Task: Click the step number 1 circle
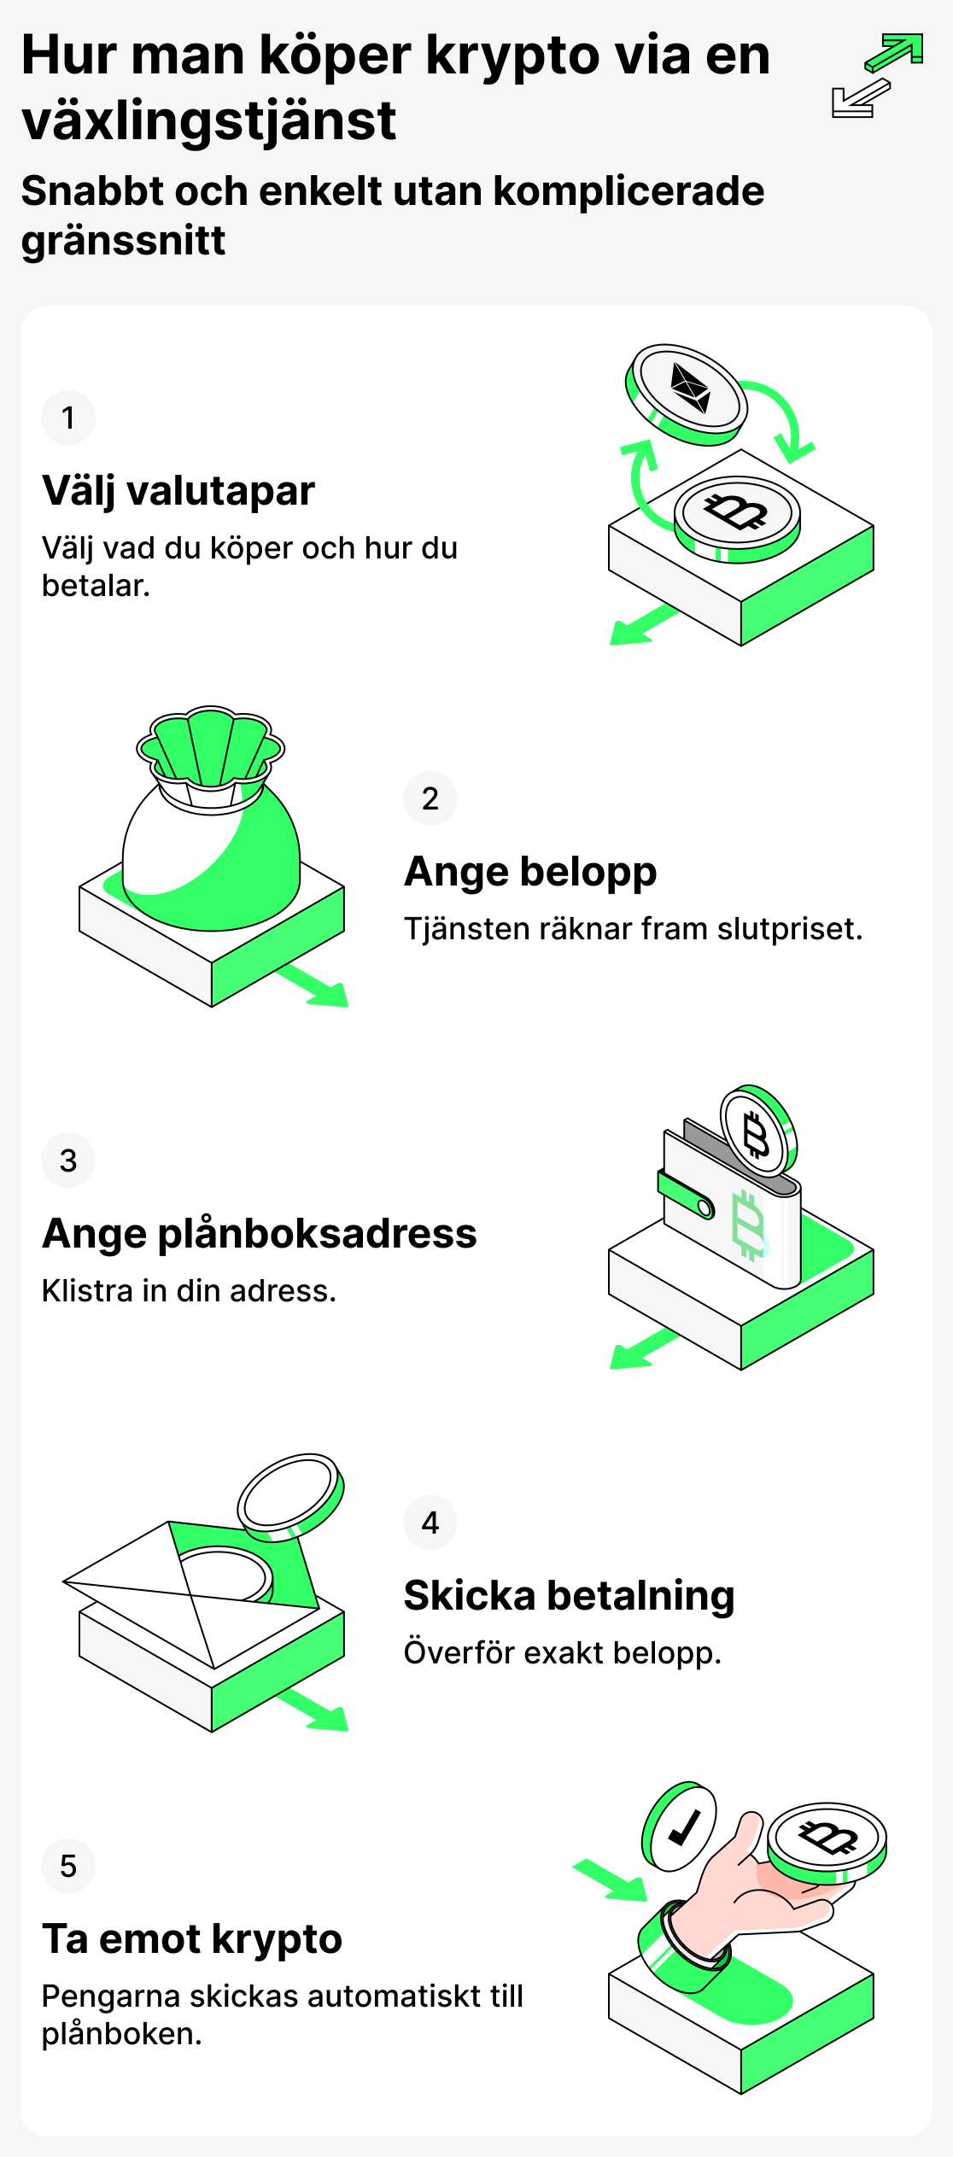click(68, 418)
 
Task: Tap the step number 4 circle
click(430, 1523)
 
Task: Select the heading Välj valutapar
click(178, 491)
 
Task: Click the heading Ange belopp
click(530, 872)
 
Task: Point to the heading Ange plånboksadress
click(260, 1234)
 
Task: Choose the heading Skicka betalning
click(569, 1596)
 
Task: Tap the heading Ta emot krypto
click(192, 1939)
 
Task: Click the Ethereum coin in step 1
click(688, 390)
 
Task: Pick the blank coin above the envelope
click(289, 1494)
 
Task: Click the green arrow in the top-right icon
click(896, 52)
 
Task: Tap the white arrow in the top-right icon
click(858, 99)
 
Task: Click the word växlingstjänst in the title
click(209, 121)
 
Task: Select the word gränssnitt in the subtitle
click(124, 241)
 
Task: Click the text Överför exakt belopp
click(562, 1653)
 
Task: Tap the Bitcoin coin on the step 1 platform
click(736, 514)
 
